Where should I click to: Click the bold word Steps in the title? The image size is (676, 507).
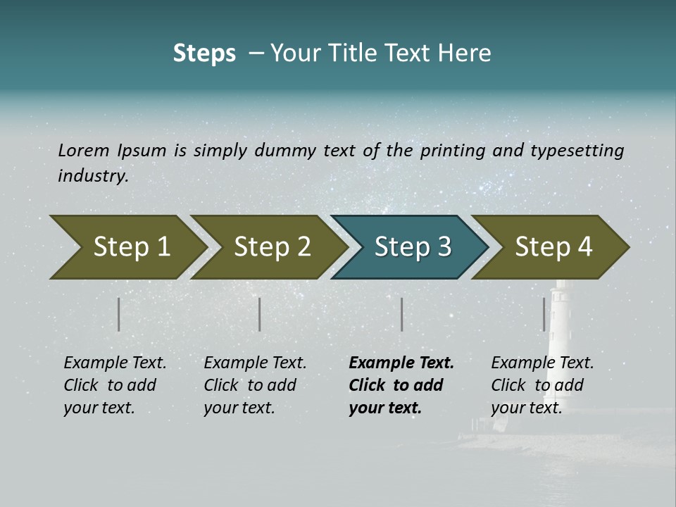coord(204,54)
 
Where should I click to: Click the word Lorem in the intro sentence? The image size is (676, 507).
coord(84,150)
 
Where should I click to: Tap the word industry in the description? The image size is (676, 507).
coord(93,176)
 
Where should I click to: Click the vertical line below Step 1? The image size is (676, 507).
coord(119,314)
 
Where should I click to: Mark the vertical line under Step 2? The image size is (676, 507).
coord(260,314)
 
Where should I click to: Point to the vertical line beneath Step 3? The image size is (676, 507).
coord(401,314)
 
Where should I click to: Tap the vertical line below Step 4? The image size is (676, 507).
coord(544,314)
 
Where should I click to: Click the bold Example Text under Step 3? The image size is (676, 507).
coord(401,363)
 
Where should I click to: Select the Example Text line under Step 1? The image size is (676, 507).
coord(115,363)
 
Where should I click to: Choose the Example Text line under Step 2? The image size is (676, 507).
coord(255,363)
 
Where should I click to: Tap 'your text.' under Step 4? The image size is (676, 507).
coord(526,408)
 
